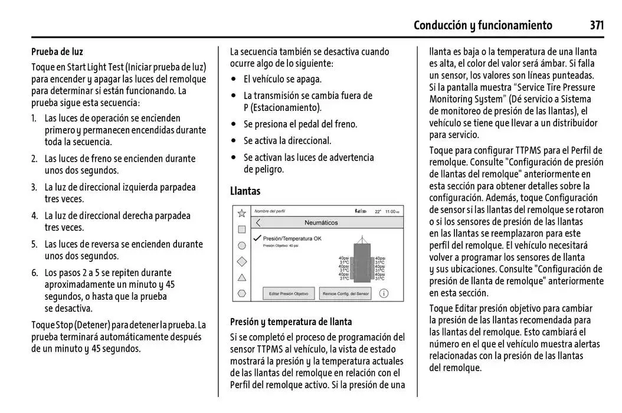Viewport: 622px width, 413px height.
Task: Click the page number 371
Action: click(597, 25)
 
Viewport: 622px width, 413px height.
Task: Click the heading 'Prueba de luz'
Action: click(57, 52)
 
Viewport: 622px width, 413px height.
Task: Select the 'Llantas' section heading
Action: click(245, 191)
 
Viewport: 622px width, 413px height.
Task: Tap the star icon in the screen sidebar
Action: click(241, 213)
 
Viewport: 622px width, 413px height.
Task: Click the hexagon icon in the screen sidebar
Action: click(241, 293)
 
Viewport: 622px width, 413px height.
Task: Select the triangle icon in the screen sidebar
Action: click(241, 277)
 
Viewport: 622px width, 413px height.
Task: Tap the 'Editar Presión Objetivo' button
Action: click(289, 293)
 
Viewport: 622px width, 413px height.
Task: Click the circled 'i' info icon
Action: click(384, 293)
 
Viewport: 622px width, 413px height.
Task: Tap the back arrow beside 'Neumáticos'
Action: click(258, 223)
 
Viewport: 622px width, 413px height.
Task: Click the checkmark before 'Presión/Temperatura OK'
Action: click(257, 238)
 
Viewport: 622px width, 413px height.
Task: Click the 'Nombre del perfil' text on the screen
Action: click(269, 211)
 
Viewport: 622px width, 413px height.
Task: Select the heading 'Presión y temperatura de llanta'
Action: click(290, 322)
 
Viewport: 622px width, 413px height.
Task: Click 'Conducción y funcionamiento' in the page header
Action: click(483, 25)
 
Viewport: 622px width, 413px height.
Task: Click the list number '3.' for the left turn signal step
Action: click(35, 187)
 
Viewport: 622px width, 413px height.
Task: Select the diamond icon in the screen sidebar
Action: click(241, 261)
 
